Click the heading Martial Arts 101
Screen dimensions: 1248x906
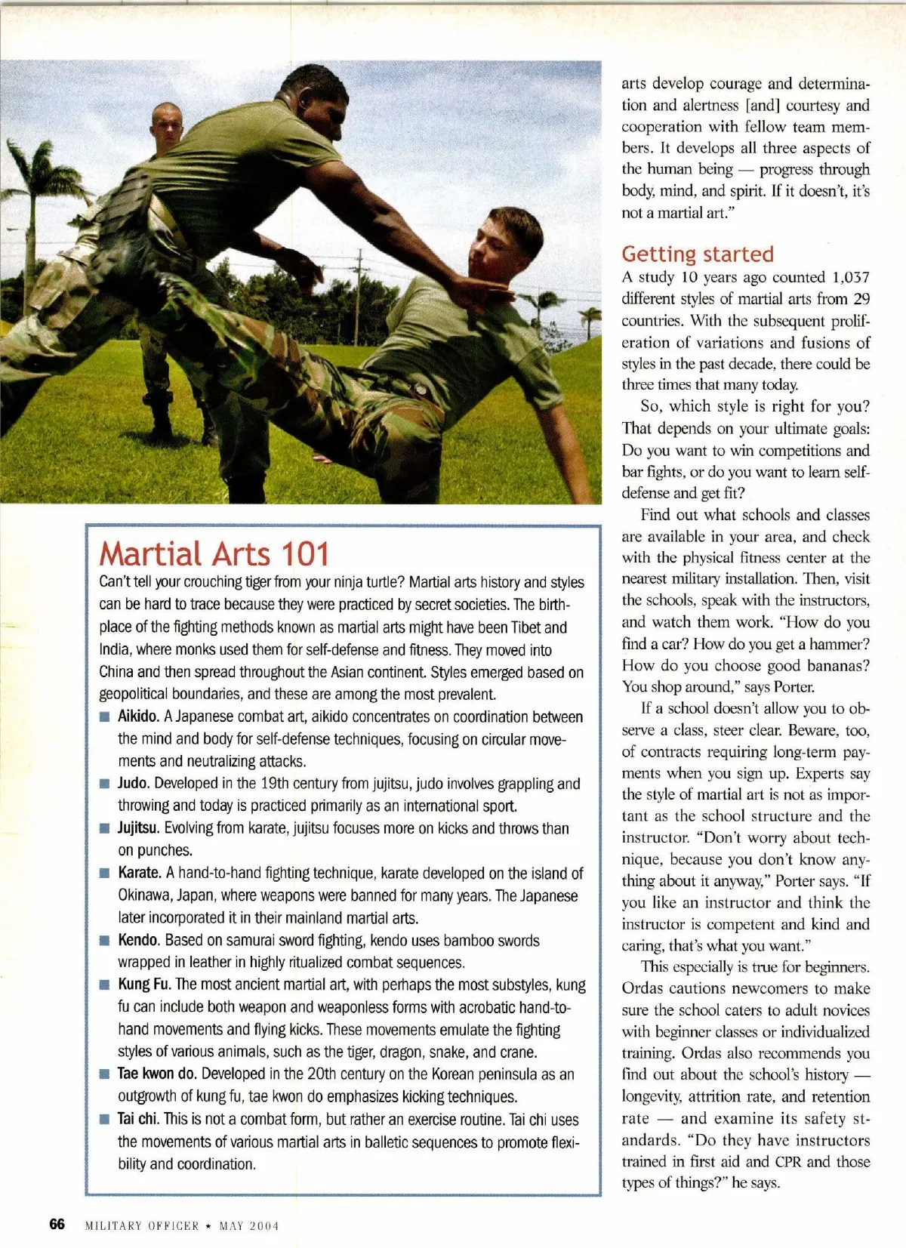[x=214, y=553]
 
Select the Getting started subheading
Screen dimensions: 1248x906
[x=698, y=254]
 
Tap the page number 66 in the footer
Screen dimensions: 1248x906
[x=57, y=1224]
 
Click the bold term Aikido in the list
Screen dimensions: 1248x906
[x=137, y=716]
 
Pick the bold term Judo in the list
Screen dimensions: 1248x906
[x=134, y=783]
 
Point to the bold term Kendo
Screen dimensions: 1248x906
[x=138, y=940]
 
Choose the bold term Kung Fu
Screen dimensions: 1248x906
[x=143, y=985]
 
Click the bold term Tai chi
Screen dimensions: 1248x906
[x=138, y=1119]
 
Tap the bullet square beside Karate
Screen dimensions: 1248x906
[x=104, y=874]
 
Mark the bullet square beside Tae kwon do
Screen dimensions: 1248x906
[x=104, y=1074]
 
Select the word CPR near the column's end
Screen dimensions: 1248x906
[x=788, y=1161]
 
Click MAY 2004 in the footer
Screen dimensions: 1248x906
[x=249, y=1225]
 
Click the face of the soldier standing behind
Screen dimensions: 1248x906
[x=167, y=128]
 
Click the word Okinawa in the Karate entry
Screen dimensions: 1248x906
[x=143, y=895]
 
